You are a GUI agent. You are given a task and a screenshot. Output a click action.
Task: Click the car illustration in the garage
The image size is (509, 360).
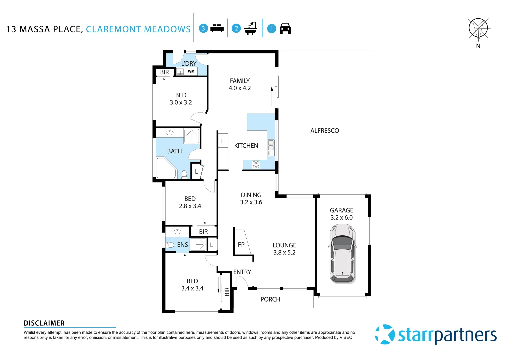[343, 253]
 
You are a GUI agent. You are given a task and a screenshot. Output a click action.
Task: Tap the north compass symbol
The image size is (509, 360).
[478, 29]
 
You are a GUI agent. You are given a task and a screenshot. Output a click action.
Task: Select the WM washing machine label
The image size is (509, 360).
[191, 71]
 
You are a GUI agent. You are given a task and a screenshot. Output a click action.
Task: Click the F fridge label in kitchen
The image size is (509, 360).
[223, 141]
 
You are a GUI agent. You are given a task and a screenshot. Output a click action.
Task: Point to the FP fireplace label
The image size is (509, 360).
[241, 245]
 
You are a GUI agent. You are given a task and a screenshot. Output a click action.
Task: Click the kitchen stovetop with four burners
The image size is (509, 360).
[256, 165]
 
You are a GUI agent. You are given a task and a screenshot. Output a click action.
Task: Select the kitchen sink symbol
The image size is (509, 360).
[271, 145]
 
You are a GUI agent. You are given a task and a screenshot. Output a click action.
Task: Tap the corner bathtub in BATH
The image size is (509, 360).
[166, 168]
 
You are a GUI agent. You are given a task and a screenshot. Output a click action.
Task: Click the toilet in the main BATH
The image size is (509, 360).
[184, 174]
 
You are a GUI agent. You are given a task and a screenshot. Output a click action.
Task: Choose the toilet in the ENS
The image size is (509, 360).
[170, 245]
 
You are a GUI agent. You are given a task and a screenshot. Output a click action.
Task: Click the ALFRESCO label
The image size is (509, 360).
[324, 131]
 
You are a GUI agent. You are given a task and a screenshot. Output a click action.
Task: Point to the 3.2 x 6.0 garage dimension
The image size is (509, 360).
[341, 218]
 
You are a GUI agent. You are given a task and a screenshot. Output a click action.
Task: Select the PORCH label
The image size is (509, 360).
[270, 299]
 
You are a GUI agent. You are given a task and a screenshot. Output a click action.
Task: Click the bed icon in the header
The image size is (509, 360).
[217, 28]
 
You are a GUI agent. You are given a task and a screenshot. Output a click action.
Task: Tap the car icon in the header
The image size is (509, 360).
[285, 29]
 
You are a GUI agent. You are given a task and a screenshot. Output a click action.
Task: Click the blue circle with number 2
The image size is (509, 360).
[236, 28]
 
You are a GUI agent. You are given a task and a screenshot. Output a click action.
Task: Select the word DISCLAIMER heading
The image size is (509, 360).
[44, 323]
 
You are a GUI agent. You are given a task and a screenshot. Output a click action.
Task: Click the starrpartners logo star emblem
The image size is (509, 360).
[385, 334]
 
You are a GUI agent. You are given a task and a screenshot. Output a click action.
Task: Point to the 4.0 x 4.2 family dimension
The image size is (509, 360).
[239, 88]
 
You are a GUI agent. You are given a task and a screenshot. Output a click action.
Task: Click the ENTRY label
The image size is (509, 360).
[242, 272]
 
